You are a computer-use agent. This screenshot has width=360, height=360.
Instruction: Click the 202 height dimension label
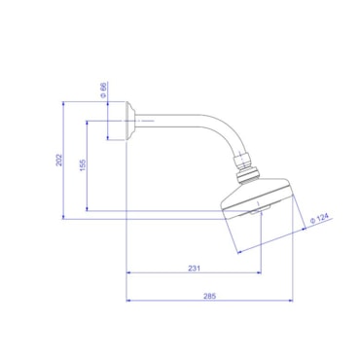(x=59, y=160)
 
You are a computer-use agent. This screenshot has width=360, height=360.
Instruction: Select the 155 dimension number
(x=83, y=165)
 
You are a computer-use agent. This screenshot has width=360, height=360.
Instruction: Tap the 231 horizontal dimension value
(x=194, y=269)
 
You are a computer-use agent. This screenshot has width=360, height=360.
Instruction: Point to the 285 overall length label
(x=209, y=296)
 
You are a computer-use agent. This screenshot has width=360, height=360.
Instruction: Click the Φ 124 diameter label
(x=320, y=218)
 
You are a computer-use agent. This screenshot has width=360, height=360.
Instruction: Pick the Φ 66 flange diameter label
(x=103, y=90)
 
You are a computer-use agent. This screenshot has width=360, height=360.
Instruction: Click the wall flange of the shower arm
(x=130, y=121)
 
